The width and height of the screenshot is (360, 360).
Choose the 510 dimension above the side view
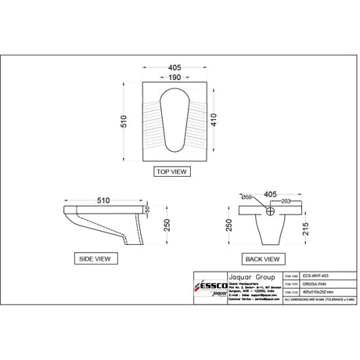pos(97,200)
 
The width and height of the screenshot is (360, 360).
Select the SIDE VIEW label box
pos(95,257)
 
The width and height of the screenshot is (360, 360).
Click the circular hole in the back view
pos(270,210)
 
